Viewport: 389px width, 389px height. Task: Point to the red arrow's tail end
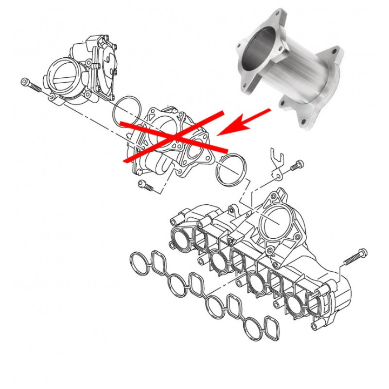tap(269, 110)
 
